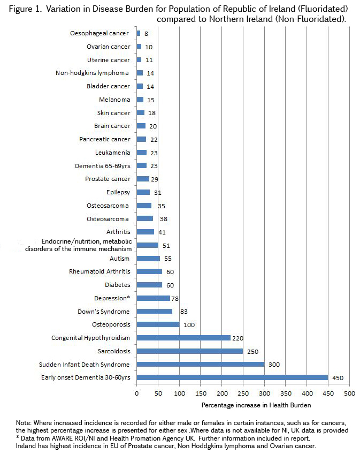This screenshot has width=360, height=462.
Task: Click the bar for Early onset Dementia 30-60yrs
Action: click(232, 377)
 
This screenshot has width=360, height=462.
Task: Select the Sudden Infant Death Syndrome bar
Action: click(201, 364)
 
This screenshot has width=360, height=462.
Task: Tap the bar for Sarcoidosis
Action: click(190, 351)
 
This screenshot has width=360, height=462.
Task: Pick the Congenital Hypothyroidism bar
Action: click(183, 338)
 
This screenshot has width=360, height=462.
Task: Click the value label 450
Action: click(337, 377)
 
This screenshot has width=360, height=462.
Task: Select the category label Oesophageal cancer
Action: click(99, 33)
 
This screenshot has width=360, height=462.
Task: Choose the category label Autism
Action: click(120, 258)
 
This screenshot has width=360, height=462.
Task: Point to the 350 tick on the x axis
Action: click(285, 393)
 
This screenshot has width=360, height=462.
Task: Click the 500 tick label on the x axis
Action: click(349, 393)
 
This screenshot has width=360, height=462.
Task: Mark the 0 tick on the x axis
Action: click(136, 393)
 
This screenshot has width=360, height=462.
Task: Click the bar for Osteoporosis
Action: click(158, 324)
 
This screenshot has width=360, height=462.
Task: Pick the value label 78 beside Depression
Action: click(176, 298)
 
